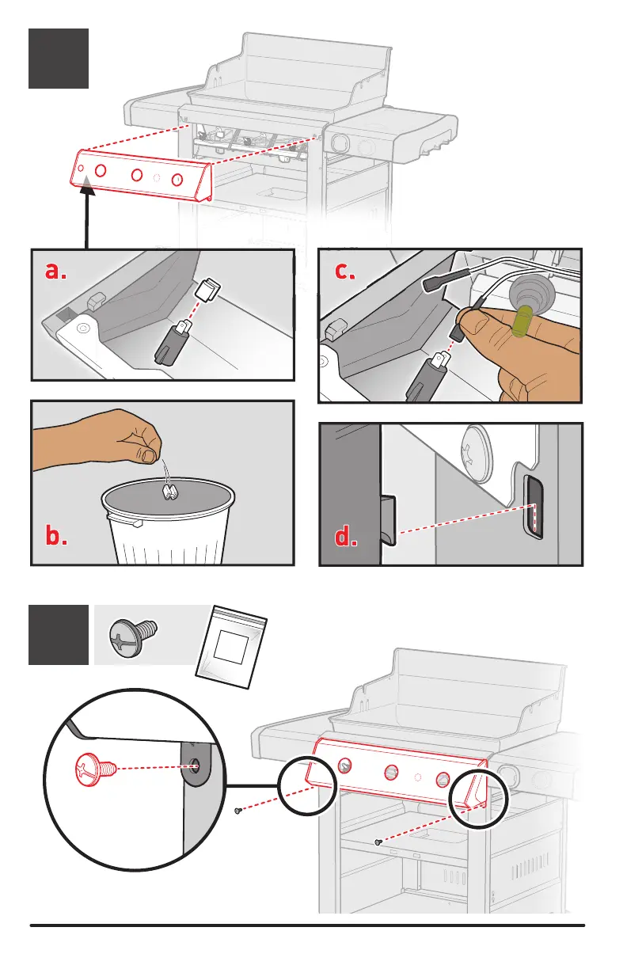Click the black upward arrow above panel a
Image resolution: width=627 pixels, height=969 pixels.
(x=84, y=214)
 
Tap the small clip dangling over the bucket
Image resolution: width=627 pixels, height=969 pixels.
(x=169, y=492)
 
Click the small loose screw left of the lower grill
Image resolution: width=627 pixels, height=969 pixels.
(x=238, y=810)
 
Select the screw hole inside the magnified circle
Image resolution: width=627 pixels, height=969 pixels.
(x=196, y=765)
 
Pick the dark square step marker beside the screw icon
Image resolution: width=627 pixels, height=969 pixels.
(x=59, y=634)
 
